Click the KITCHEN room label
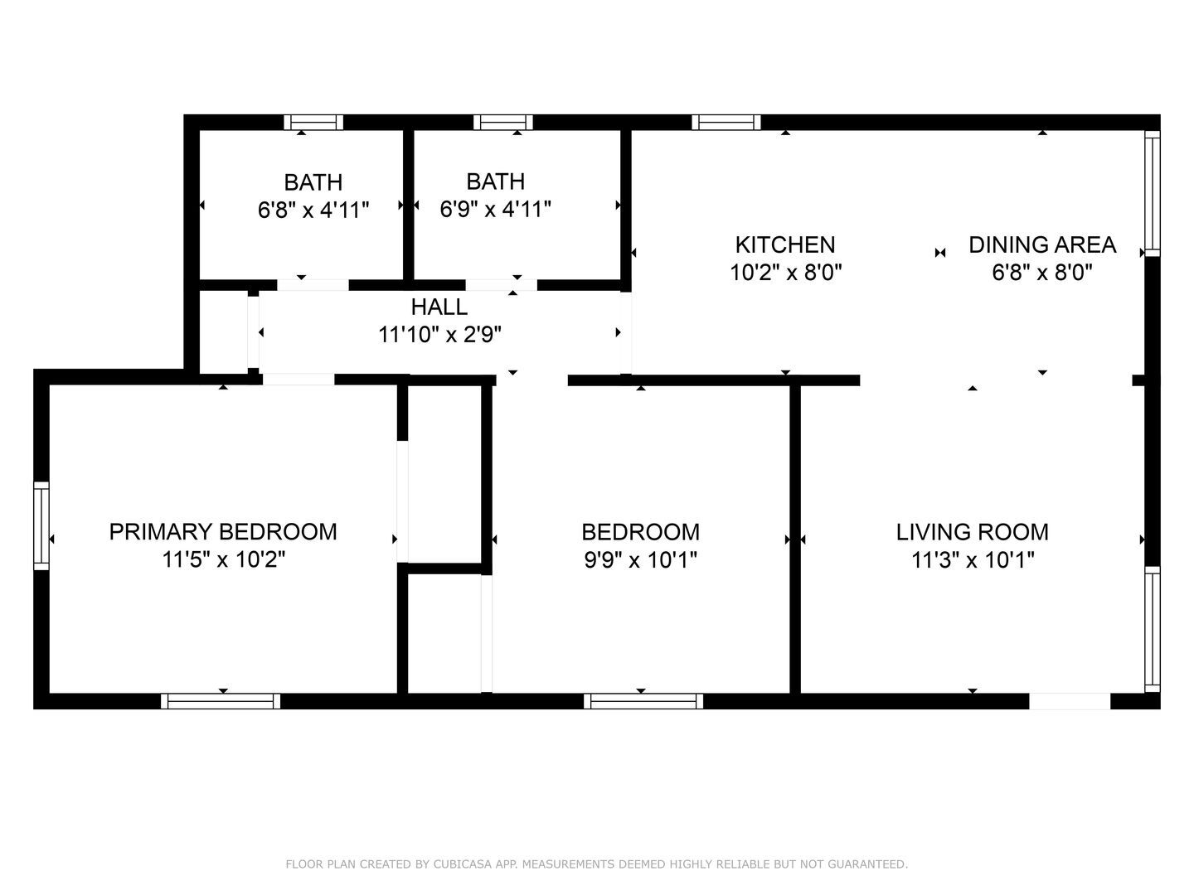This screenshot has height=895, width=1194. click(x=785, y=244)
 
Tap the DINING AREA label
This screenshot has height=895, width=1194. click(x=1042, y=244)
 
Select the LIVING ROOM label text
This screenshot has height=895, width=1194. click(x=972, y=531)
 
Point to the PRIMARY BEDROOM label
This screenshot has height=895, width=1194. click(x=223, y=531)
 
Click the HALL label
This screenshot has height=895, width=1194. click(x=439, y=307)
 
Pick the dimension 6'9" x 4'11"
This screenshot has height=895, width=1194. click(x=495, y=209)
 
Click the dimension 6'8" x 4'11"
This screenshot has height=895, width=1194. click(x=313, y=210)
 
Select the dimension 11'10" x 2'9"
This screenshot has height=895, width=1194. click(x=439, y=335)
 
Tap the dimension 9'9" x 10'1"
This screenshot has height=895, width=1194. click(x=640, y=560)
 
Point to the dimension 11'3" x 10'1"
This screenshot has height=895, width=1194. click(x=972, y=560)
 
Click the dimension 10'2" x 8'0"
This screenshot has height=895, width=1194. click(x=785, y=273)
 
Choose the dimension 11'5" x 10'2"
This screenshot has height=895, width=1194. click(x=223, y=560)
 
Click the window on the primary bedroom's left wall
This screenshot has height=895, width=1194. click(x=41, y=525)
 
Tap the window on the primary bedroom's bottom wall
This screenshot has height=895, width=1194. click(x=221, y=701)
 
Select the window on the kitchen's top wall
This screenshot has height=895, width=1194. click(x=726, y=123)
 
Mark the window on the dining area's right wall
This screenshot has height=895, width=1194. click(x=1152, y=192)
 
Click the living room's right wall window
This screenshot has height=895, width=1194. click(x=1152, y=629)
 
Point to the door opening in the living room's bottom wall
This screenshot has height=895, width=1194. click(x=1070, y=701)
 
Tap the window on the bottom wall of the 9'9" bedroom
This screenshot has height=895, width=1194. click(x=643, y=701)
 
